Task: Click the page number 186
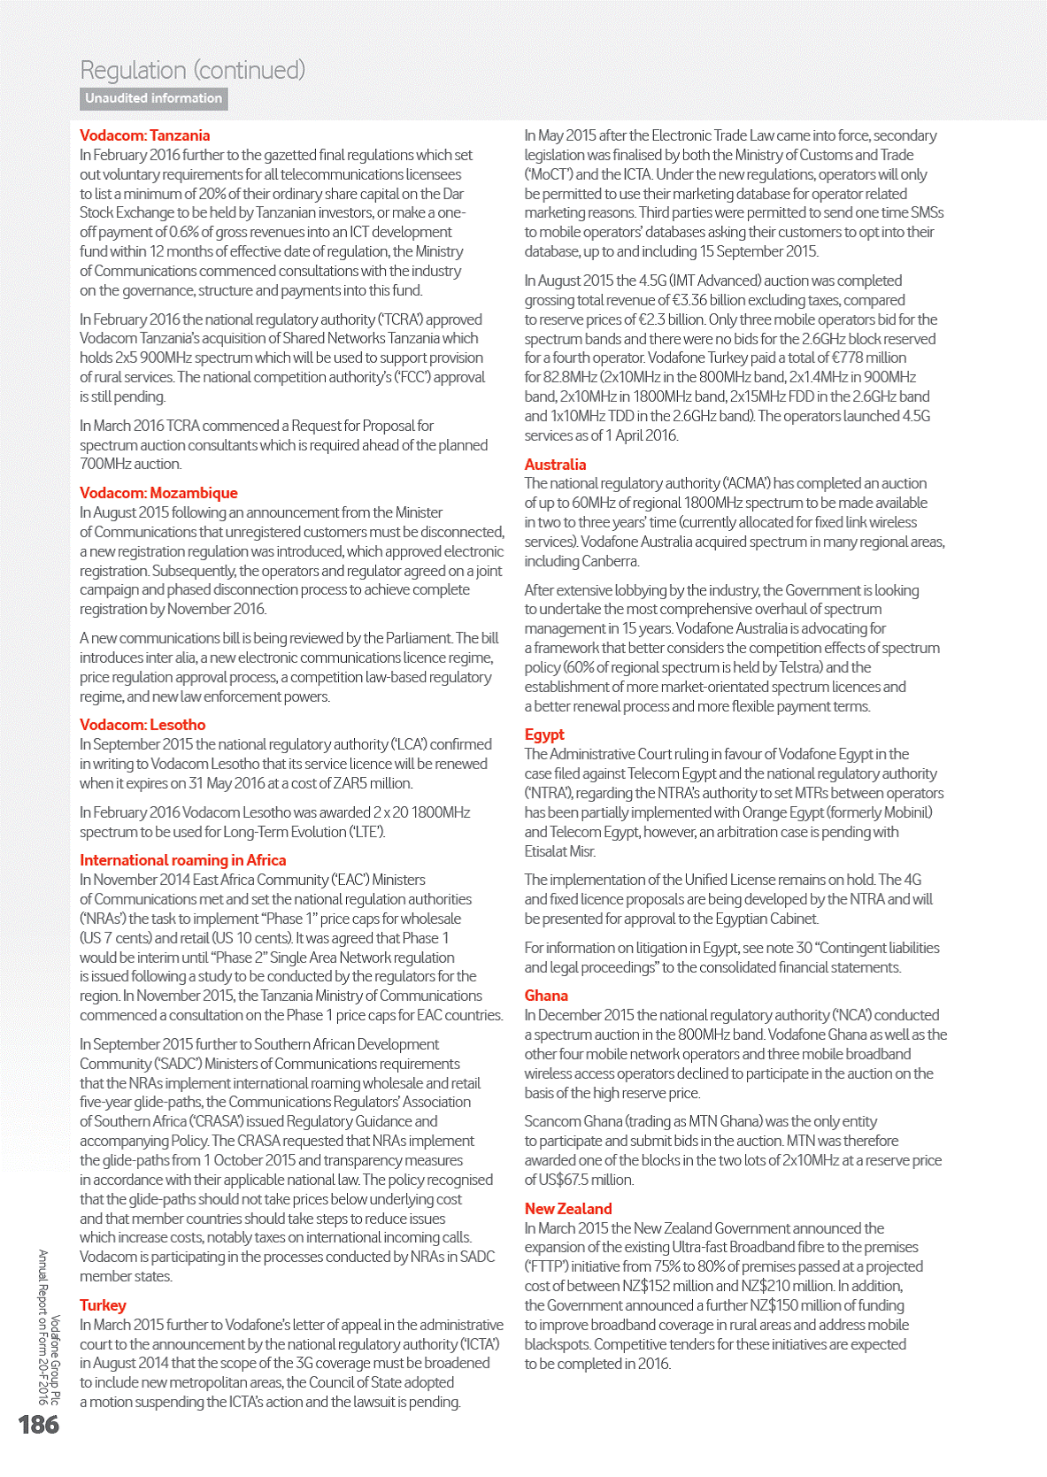[39, 1424]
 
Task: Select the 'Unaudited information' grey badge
[154, 98]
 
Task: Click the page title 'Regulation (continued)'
[192, 70]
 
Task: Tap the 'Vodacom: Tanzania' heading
[145, 135]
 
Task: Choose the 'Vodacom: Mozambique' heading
[158, 493]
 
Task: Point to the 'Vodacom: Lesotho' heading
[142, 725]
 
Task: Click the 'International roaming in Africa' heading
[183, 860]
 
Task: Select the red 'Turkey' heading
[103, 1305]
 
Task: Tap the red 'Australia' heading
[555, 465]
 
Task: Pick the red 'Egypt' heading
[544, 735]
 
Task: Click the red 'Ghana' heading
[546, 996]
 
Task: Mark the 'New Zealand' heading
[568, 1209]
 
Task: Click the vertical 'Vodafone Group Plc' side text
[55, 1360]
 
